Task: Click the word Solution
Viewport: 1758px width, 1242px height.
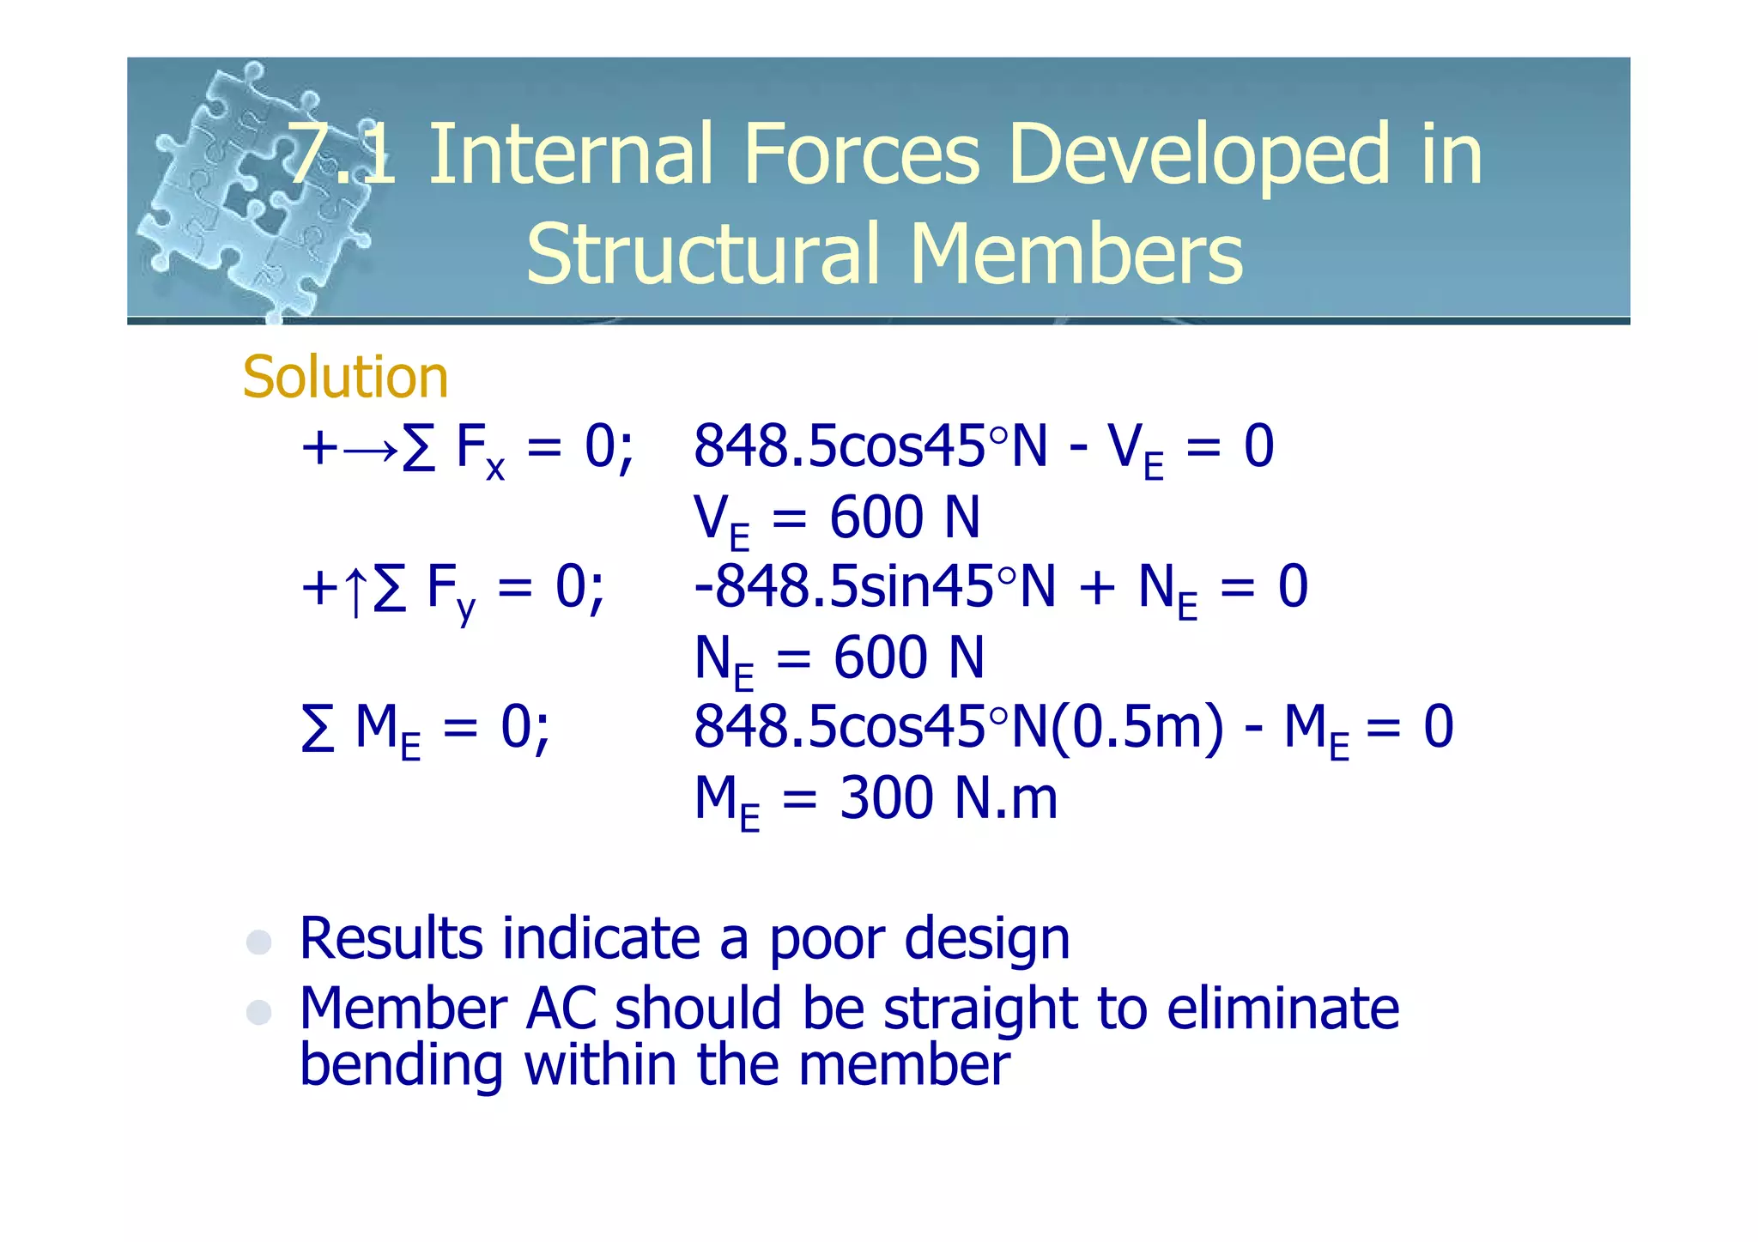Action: click(x=345, y=377)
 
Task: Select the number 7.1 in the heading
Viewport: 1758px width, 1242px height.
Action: click(x=342, y=154)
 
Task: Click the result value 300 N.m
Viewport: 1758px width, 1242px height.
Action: click(x=948, y=798)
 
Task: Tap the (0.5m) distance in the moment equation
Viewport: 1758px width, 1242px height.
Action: click(x=1137, y=727)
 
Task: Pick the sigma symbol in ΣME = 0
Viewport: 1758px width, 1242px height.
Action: click(x=318, y=728)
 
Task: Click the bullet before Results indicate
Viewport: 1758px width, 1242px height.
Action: click(x=258, y=942)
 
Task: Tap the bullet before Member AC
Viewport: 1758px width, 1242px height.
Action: click(x=258, y=1012)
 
